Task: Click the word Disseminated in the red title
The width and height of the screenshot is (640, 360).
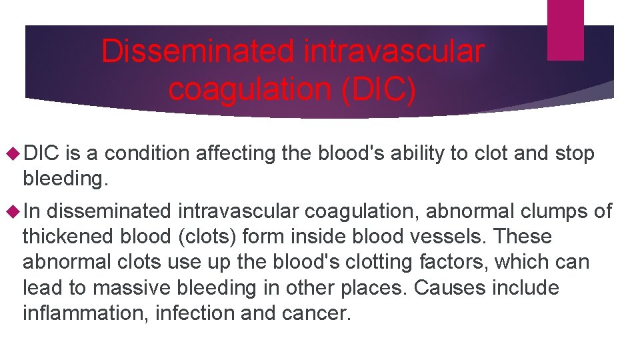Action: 197,51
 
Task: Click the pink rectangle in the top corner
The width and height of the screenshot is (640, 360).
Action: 565,29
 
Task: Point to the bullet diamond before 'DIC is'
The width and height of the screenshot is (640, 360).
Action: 13,154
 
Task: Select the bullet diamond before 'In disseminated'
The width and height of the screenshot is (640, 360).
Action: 13,211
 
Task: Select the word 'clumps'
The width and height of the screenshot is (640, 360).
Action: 549,211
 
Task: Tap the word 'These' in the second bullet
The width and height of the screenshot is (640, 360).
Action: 524,237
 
